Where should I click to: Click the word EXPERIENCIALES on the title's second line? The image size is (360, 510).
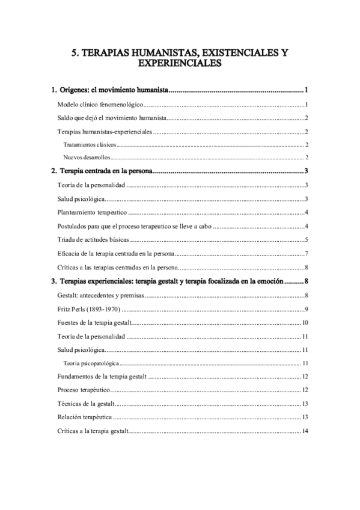click(180, 63)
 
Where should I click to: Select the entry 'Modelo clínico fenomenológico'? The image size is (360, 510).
click(100, 105)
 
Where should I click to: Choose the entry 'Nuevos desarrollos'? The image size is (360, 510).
click(87, 158)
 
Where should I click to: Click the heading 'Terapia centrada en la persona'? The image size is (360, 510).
click(106, 171)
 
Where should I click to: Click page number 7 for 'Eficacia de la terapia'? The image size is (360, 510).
click(307, 254)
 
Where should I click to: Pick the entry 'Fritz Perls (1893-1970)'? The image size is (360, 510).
click(89, 309)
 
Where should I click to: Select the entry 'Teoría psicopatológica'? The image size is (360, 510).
click(91, 364)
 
